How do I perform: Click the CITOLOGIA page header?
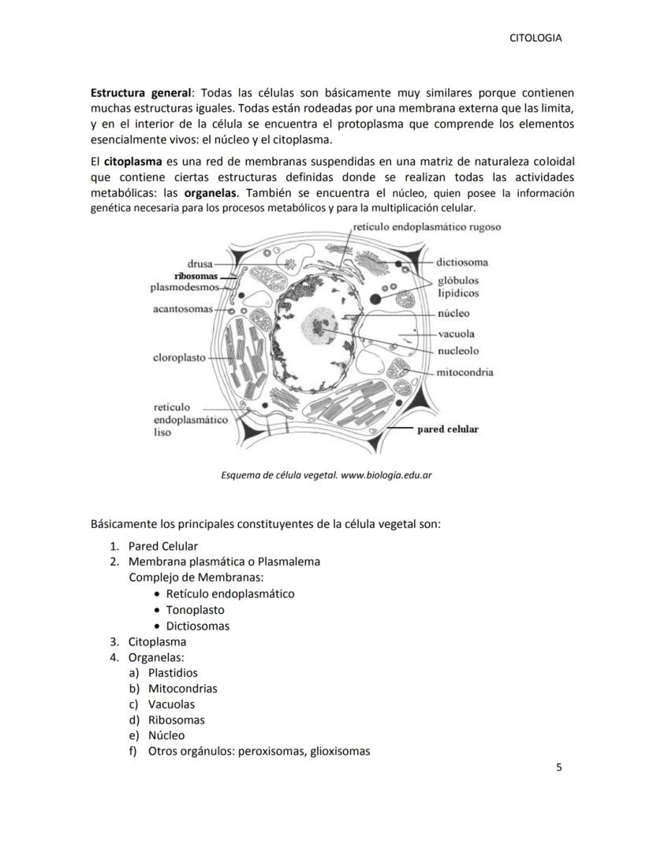(x=536, y=38)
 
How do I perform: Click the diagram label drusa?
(x=200, y=263)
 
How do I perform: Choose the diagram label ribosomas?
(x=196, y=277)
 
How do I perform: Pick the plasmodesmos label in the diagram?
(x=185, y=288)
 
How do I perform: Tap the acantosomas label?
(x=182, y=309)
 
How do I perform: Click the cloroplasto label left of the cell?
(x=179, y=358)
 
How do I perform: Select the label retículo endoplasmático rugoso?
(x=427, y=227)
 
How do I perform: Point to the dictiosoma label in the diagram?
(x=462, y=262)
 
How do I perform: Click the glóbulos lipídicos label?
(x=458, y=287)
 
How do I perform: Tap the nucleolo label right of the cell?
(x=458, y=351)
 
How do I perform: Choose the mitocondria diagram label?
(x=465, y=372)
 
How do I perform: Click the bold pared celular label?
(x=447, y=429)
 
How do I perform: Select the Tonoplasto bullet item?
(x=195, y=610)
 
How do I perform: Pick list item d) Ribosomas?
(x=175, y=719)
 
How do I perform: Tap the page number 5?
(x=559, y=767)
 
